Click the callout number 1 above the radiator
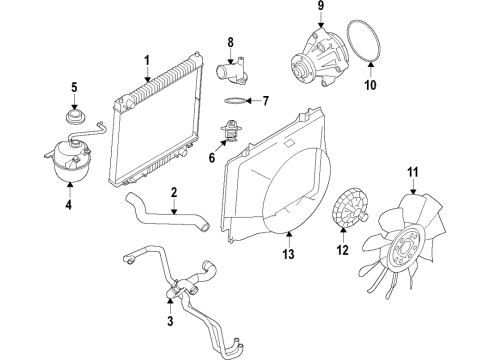coord(147,61)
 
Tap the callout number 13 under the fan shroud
coord(289,254)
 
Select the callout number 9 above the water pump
coord(321,6)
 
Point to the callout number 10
coord(370,85)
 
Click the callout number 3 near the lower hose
coord(170,321)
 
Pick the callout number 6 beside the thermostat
coord(212,157)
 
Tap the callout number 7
coord(265,101)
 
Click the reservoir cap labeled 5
coord(75,117)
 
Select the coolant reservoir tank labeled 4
coord(71,160)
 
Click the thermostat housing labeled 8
coord(232,72)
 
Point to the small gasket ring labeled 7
coord(236,100)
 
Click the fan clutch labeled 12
coord(350,208)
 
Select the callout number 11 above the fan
coord(413,173)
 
